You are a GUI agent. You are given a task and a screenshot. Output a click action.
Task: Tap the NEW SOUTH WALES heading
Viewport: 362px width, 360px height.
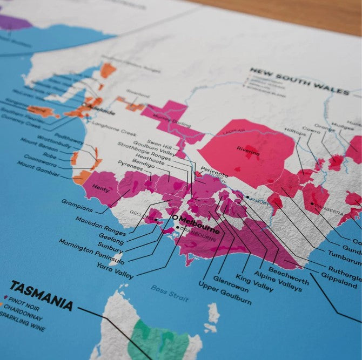(x=299, y=81)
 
